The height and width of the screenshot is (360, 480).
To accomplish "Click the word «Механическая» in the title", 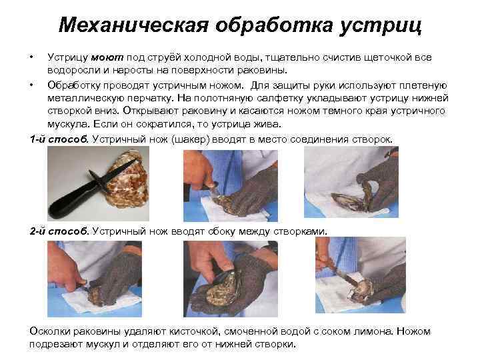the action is point(133,25).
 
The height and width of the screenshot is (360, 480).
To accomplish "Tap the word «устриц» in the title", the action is point(381,26).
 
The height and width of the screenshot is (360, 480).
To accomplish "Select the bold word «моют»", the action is point(107,57).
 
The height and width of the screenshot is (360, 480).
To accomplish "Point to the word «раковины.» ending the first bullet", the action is point(263,71).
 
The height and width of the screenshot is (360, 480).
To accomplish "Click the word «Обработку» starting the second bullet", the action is point(74,85).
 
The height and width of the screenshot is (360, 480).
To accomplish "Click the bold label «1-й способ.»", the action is point(59,139).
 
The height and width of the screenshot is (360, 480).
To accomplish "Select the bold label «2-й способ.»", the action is point(59,231).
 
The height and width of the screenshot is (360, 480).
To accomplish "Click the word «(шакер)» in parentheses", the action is point(191,139).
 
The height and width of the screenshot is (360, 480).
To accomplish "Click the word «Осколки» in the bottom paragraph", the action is point(50,331).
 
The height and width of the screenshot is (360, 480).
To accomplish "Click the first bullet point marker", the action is point(31,57).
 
